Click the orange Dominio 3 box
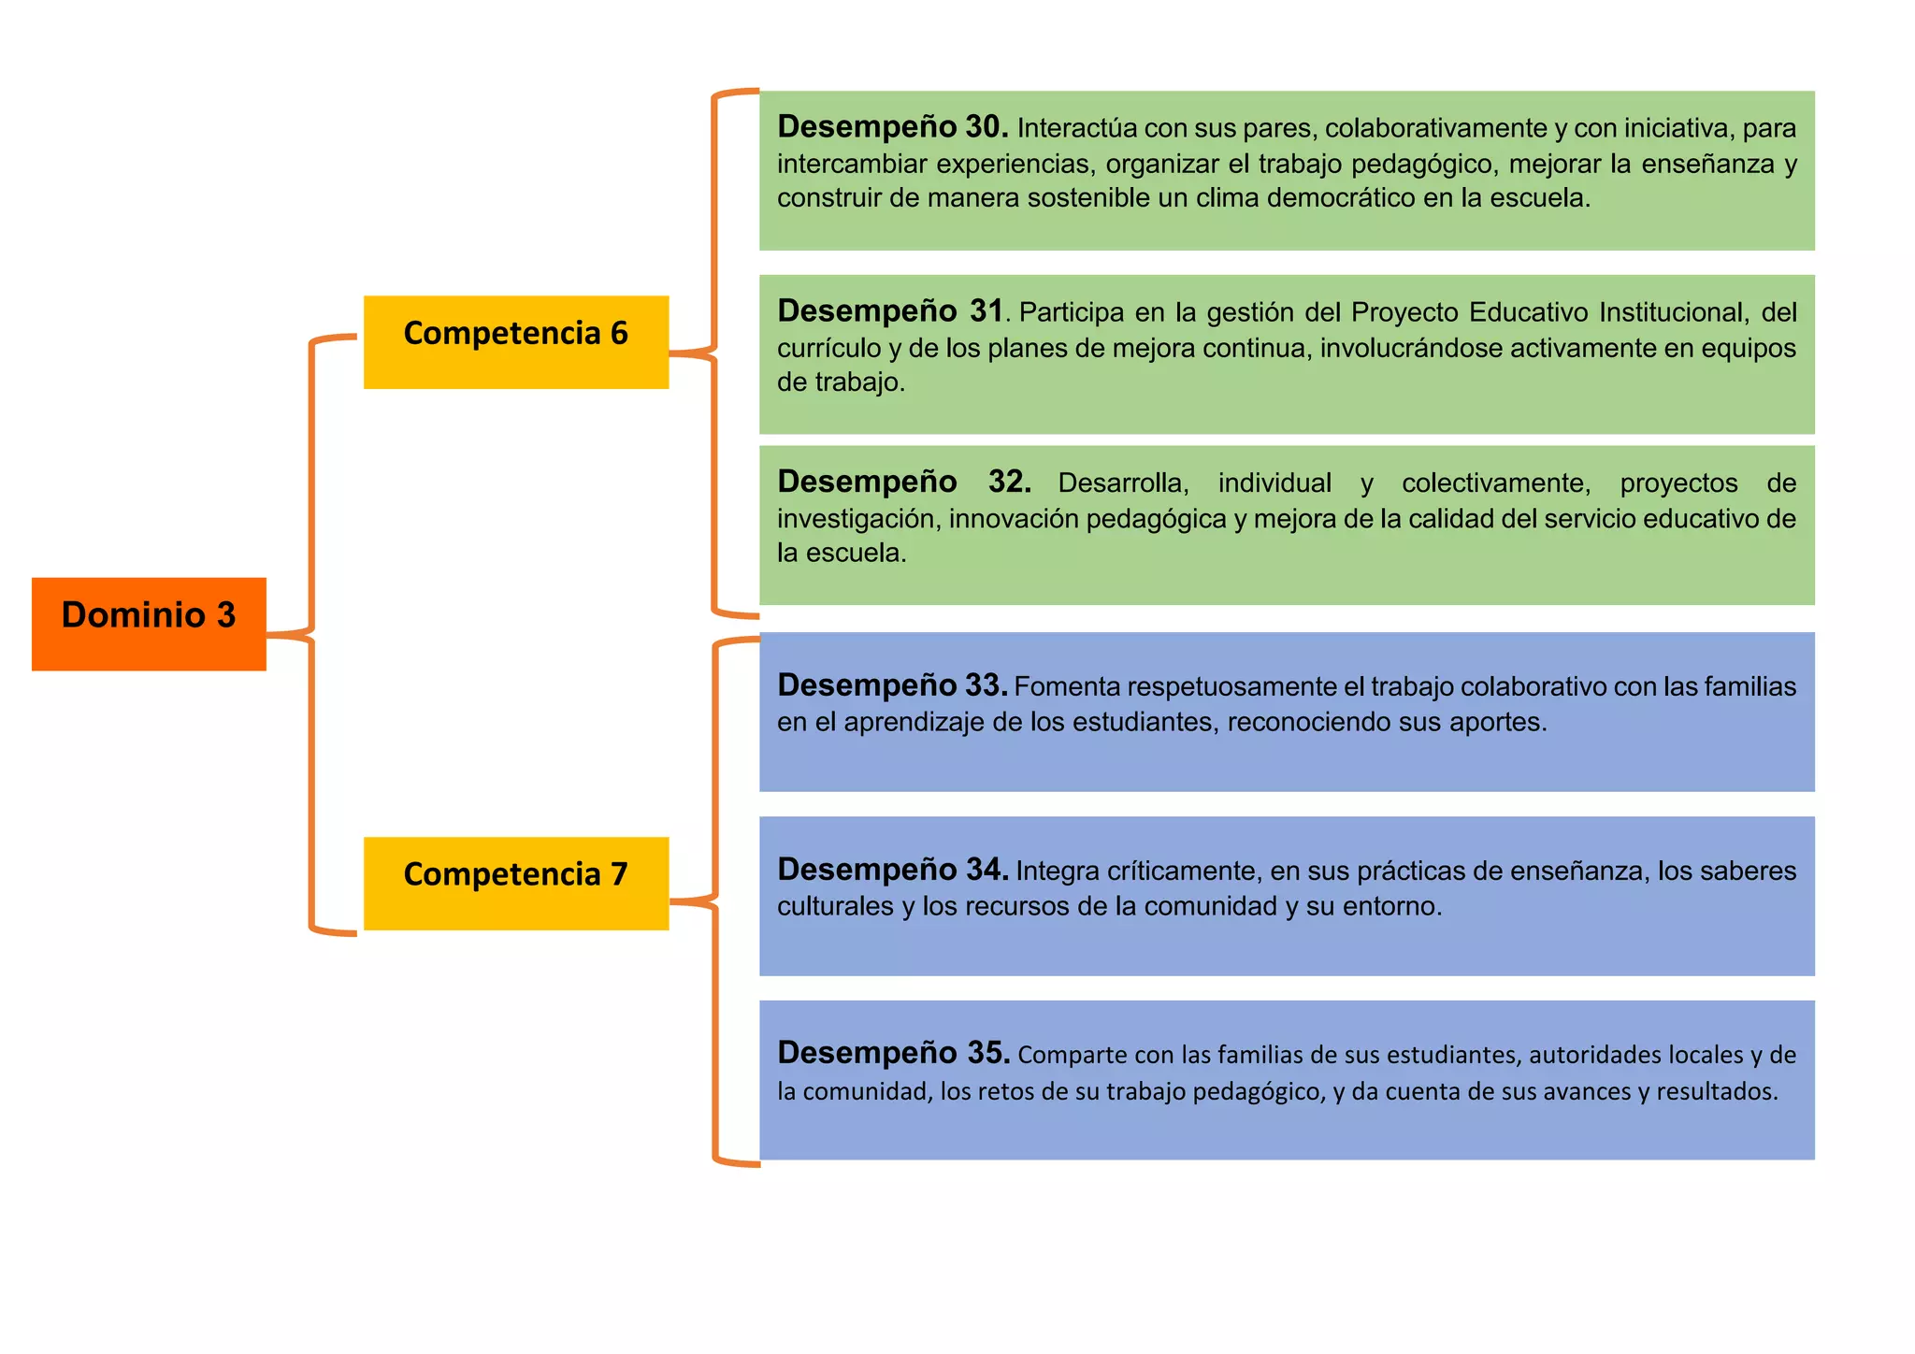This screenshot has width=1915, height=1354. [x=149, y=623]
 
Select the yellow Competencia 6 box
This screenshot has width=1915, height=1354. [x=516, y=341]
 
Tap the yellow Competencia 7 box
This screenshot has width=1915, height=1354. [x=516, y=883]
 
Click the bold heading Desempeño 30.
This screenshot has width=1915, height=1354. [x=892, y=126]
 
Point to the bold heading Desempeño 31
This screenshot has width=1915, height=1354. [x=889, y=310]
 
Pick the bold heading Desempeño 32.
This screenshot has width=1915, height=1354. [x=903, y=482]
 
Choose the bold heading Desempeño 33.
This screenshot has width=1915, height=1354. [x=892, y=685]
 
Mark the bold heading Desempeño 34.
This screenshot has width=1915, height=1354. [x=892, y=870]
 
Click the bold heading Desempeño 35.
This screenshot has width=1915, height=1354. [x=893, y=1053]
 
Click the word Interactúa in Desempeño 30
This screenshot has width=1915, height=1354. [x=1076, y=128]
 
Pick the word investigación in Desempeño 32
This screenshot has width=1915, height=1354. [x=857, y=519]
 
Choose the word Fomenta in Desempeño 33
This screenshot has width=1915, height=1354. [x=1067, y=687]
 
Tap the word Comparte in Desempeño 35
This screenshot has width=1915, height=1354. [x=1073, y=1056]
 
